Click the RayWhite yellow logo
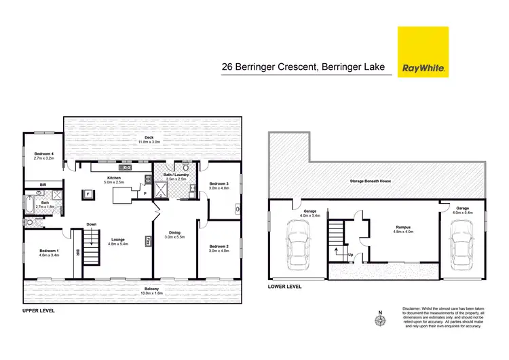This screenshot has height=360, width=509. (x=421, y=53)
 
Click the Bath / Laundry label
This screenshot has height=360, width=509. (x=175, y=177)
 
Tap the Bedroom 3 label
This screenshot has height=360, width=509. (x=219, y=187)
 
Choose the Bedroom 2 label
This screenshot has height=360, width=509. (x=219, y=248)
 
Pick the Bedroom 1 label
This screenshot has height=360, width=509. (x=50, y=253)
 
